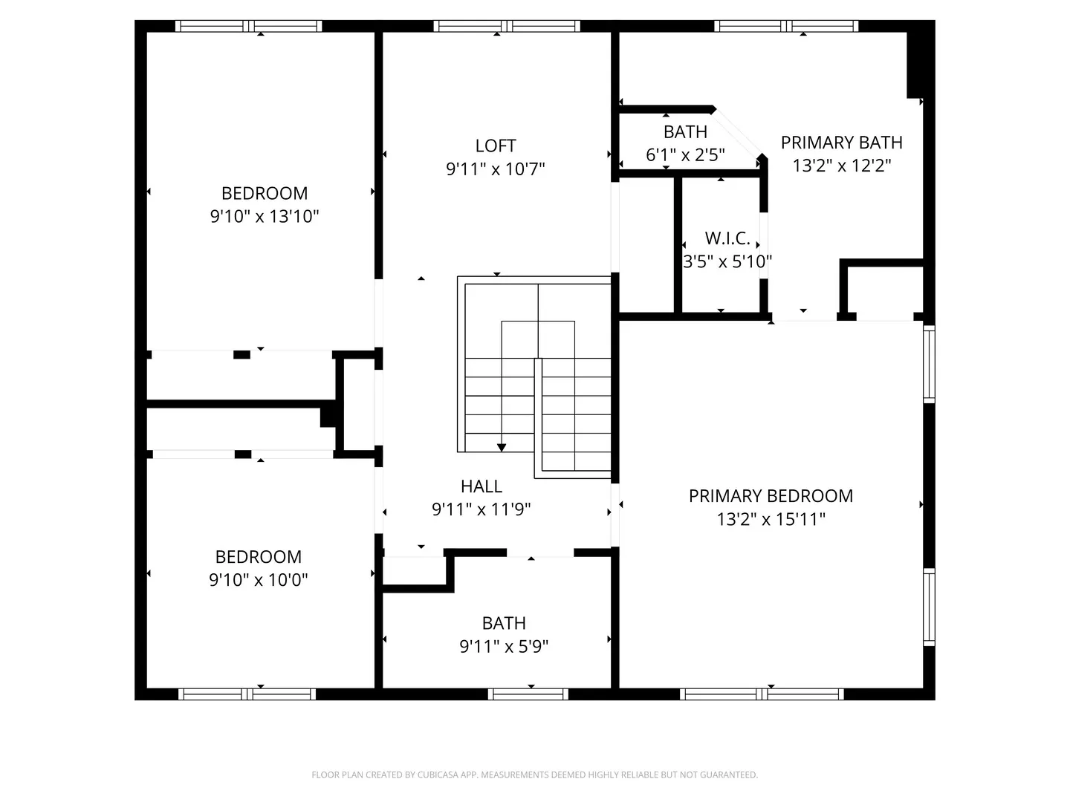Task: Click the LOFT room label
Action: (x=496, y=146)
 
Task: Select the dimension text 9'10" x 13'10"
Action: (x=265, y=216)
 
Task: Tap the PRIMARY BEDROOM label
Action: (x=771, y=496)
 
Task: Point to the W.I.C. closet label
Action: (x=727, y=238)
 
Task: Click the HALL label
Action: (x=481, y=486)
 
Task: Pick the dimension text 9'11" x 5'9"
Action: (x=504, y=647)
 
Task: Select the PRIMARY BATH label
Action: (x=841, y=143)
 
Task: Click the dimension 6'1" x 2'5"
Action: (x=685, y=154)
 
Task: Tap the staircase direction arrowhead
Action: (x=502, y=447)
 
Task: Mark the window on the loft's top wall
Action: (x=507, y=26)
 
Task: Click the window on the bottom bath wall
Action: (x=528, y=694)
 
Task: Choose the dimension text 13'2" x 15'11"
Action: (x=771, y=519)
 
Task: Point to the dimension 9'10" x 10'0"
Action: (x=258, y=580)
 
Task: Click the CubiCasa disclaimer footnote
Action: (x=534, y=775)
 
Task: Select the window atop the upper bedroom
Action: (x=249, y=26)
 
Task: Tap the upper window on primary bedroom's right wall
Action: (x=929, y=364)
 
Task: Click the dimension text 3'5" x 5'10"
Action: (x=727, y=261)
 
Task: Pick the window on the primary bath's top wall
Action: (x=786, y=26)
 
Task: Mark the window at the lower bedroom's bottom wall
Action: (x=247, y=694)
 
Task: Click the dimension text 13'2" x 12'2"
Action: (x=841, y=166)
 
